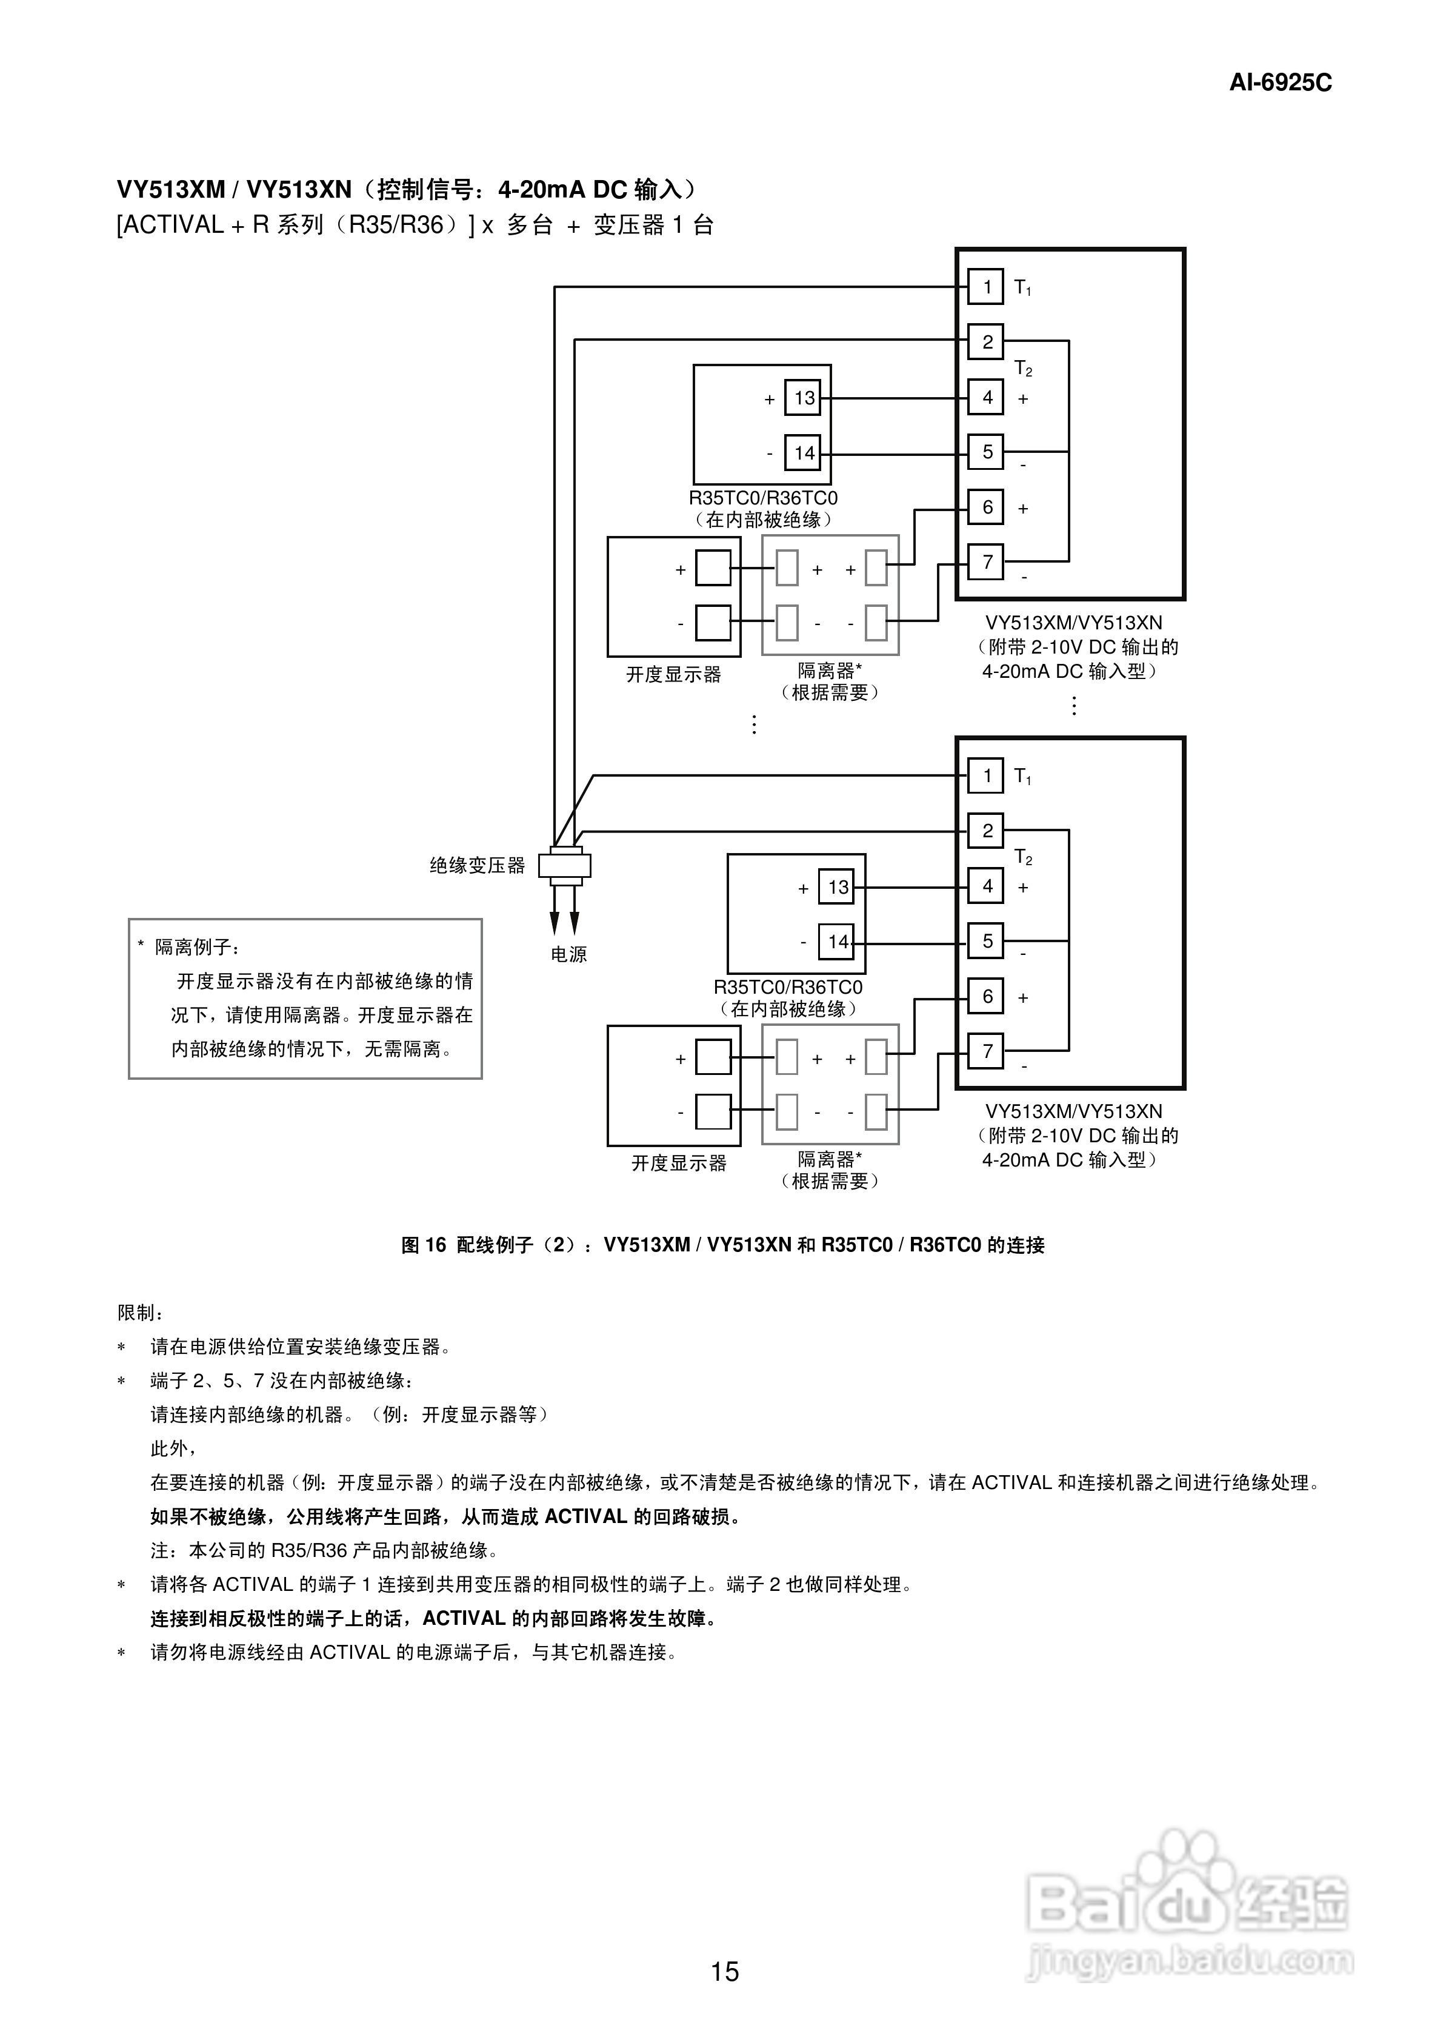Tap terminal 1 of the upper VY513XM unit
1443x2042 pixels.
pos(986,287)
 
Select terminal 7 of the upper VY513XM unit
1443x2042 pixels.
pos(986,562)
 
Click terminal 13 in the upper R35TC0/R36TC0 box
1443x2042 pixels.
pos(803,398)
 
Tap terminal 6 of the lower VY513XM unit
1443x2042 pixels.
pos(986,996)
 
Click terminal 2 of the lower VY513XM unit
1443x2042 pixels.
pos(986,831)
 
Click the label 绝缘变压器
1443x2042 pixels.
pos(478,865)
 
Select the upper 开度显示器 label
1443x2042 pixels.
pos(673,674)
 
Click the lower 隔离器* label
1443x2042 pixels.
pos(828,1159)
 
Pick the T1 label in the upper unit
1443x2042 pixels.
pos(1022,288)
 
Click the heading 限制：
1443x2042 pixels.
pos(141,1313)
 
